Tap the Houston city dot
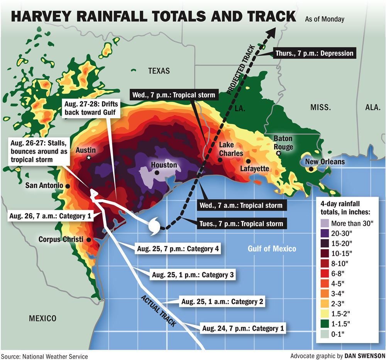point(157,173)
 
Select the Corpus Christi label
point(61,239)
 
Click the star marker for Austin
point(89,158)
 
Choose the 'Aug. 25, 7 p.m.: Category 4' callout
point(178,249)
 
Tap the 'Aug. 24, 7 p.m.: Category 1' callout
point(243,329)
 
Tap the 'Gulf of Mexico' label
point(272,248)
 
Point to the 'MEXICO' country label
point(42,318)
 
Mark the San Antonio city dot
point(68,186)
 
